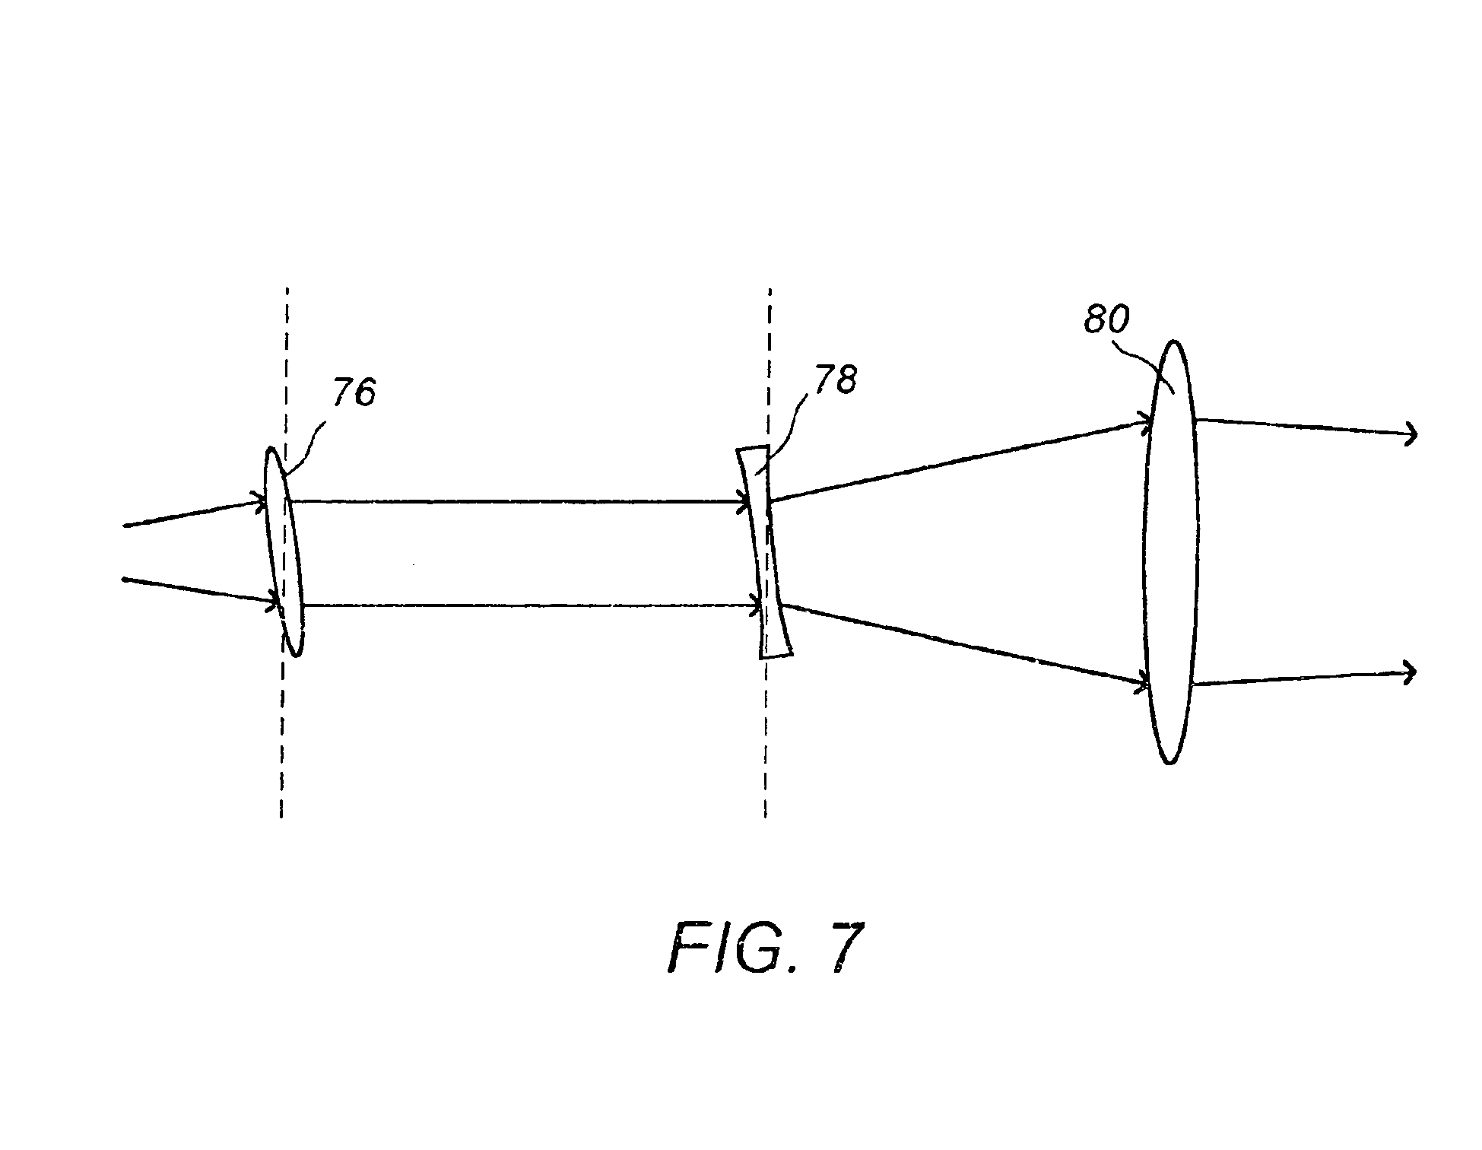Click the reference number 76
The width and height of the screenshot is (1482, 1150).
(354, 393)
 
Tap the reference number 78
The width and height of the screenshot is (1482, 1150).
(835, 379)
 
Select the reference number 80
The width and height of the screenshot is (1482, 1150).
(1106, 320)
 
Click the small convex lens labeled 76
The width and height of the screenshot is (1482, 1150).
(284, 551)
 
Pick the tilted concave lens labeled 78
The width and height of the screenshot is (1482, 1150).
(764, 551)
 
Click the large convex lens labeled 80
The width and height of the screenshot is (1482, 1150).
(1171, 551)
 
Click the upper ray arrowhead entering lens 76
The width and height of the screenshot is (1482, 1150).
(260, 500)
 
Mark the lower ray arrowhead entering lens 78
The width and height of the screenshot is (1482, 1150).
(756, 606)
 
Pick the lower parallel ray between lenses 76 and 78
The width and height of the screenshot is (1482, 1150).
(530, 605)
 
